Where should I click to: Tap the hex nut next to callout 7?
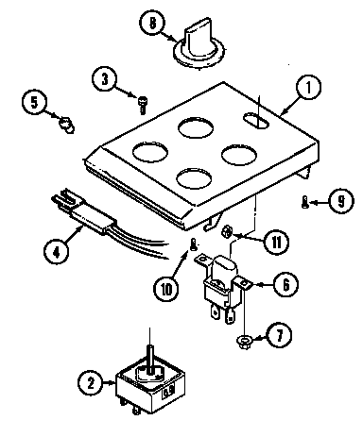(x=245, y=339)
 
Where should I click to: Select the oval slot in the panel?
(x=254, y=119)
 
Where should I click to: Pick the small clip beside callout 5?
(x=65, y=123)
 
